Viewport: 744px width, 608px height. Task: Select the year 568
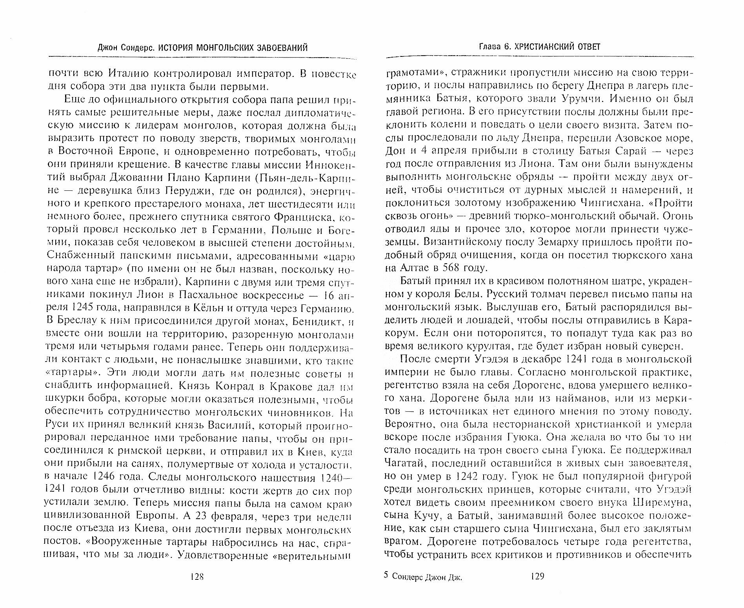click(x=443, y=268)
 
